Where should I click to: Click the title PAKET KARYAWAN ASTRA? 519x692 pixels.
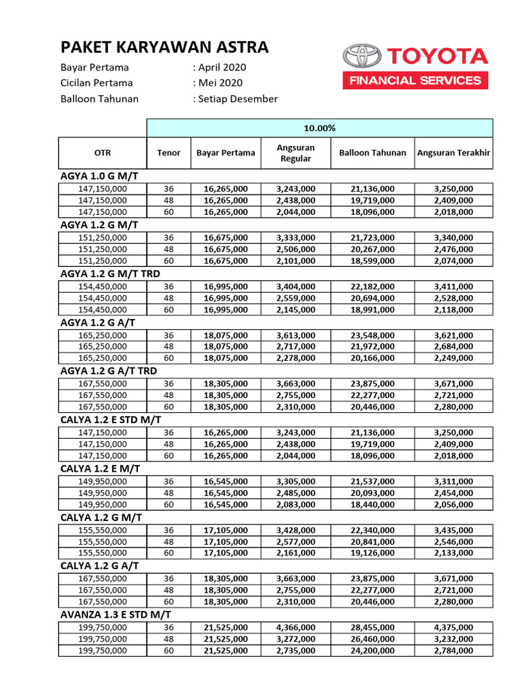[x=164, y=47]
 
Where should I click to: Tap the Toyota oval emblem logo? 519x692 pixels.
[x=362, y=55]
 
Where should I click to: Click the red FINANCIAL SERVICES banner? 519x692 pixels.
[x=415, y=80]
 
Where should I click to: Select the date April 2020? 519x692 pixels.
[x=222, y=67]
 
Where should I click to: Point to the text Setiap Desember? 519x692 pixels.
[x=237, y=99]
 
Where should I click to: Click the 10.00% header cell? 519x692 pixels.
[x=320, y=128]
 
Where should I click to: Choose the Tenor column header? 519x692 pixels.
[x=169, y=153]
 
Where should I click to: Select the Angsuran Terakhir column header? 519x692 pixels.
[x=453, y=153]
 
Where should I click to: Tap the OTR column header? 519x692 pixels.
[x=103, y=153]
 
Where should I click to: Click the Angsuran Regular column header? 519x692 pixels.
[x=296, y=153]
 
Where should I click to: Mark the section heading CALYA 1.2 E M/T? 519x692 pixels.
[x=101, y=468]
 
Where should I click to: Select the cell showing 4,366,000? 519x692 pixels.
[x=296, y=627]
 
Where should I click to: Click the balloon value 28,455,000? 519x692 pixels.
[x=372, y=627]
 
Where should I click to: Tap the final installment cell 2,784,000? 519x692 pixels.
[x=453, y=651]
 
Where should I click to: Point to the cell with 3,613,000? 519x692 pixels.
[x=296, y=335]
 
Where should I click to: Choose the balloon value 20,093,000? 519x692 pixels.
[x=372, y=493]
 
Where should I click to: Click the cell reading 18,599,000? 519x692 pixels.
[x=372, y=261]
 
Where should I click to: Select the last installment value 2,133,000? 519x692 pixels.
[x=453, y=553]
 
